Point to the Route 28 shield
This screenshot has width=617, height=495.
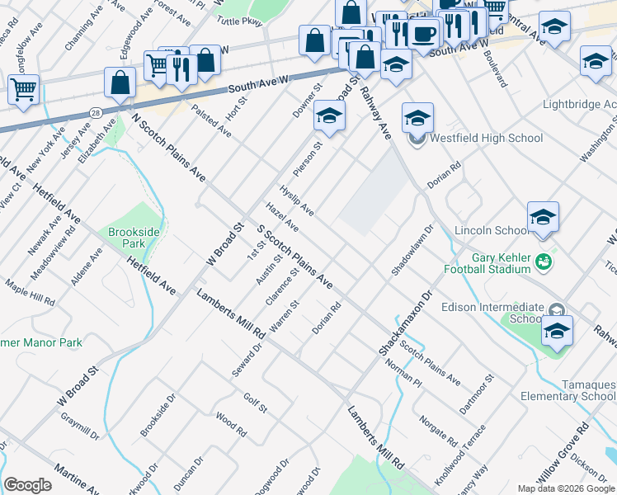point(97,111)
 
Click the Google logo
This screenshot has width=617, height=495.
point(27,484)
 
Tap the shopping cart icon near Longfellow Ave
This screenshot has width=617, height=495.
point(24,88)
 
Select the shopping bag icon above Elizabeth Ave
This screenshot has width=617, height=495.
point(120,82)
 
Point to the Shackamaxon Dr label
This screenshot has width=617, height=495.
point(407,321)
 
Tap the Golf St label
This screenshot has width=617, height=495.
point(255,402)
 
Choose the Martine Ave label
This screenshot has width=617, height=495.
point(77,479)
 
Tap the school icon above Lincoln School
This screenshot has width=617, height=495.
point(543,217)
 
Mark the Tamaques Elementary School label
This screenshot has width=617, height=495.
point(569,390)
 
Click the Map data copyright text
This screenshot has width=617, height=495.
point(566,488)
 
